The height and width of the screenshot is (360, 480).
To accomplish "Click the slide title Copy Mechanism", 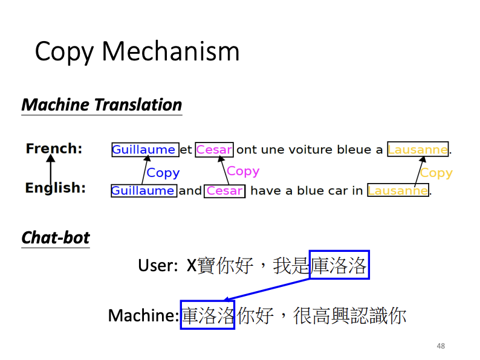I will tap(137, 52).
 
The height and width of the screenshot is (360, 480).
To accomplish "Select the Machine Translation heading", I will tap(102, 105).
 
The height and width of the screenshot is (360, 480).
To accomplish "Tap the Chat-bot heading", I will tap(56, 238).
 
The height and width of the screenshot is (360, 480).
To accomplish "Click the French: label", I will tap(54, 149).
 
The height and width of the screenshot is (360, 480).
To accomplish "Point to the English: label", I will tap(55, 188).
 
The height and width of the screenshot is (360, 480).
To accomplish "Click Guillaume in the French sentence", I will tap(144, 150).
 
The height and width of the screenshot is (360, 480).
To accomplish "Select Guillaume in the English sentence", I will tap(143, 191).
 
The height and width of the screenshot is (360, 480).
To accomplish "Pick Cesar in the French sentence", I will tap(214, 150).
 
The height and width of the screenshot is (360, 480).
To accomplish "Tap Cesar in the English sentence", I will tap(224, 191).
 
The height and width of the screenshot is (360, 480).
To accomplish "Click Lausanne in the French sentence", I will tap(418, 150).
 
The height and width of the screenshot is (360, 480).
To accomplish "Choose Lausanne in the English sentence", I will tap(398, 191).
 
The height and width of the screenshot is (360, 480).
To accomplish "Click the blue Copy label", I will tap(163, 173).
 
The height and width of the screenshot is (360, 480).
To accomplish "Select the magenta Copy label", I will tap(243, 172).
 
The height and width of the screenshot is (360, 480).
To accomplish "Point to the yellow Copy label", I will tap(436, 173).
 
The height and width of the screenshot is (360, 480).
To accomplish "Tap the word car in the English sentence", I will tap(336, 191).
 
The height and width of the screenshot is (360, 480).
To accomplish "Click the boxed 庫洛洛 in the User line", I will tap(339, 265).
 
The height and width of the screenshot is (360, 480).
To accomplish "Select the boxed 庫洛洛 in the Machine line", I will tap(207, 315).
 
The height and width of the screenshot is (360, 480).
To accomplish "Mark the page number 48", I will tap(440, 346).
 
